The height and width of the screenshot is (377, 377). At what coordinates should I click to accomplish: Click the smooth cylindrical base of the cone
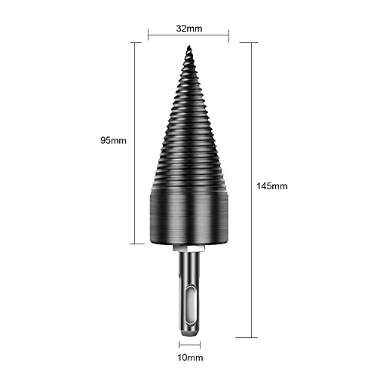click(x=188, y=219)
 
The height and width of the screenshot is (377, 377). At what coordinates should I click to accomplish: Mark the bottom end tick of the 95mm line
click(x=136, y=244)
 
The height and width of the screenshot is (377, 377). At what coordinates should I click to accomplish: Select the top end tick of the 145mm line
click(x=250, y=42)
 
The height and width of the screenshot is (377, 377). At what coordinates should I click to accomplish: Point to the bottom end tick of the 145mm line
click(x=250, y=336)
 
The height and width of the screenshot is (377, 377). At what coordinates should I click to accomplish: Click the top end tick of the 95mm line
click(x=136, y=42)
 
